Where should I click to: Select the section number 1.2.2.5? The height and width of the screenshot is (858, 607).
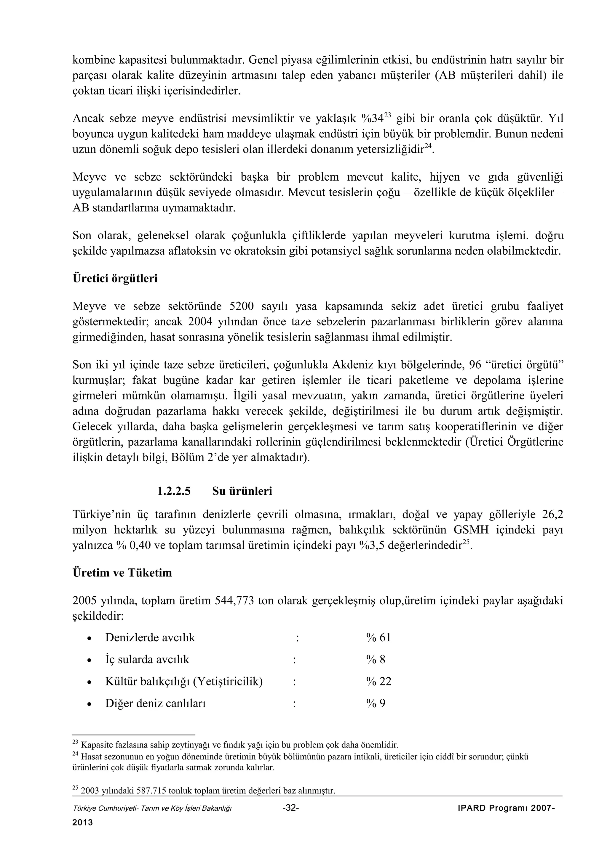point(174,491)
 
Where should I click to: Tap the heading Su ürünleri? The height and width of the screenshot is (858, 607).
point(242,491)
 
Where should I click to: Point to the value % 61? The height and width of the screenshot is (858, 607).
point(378,637)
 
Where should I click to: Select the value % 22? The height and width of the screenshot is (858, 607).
point(378,681)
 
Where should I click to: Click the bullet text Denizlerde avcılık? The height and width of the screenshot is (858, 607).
point(150,637)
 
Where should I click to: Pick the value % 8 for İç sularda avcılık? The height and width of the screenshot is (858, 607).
point(376,659)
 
